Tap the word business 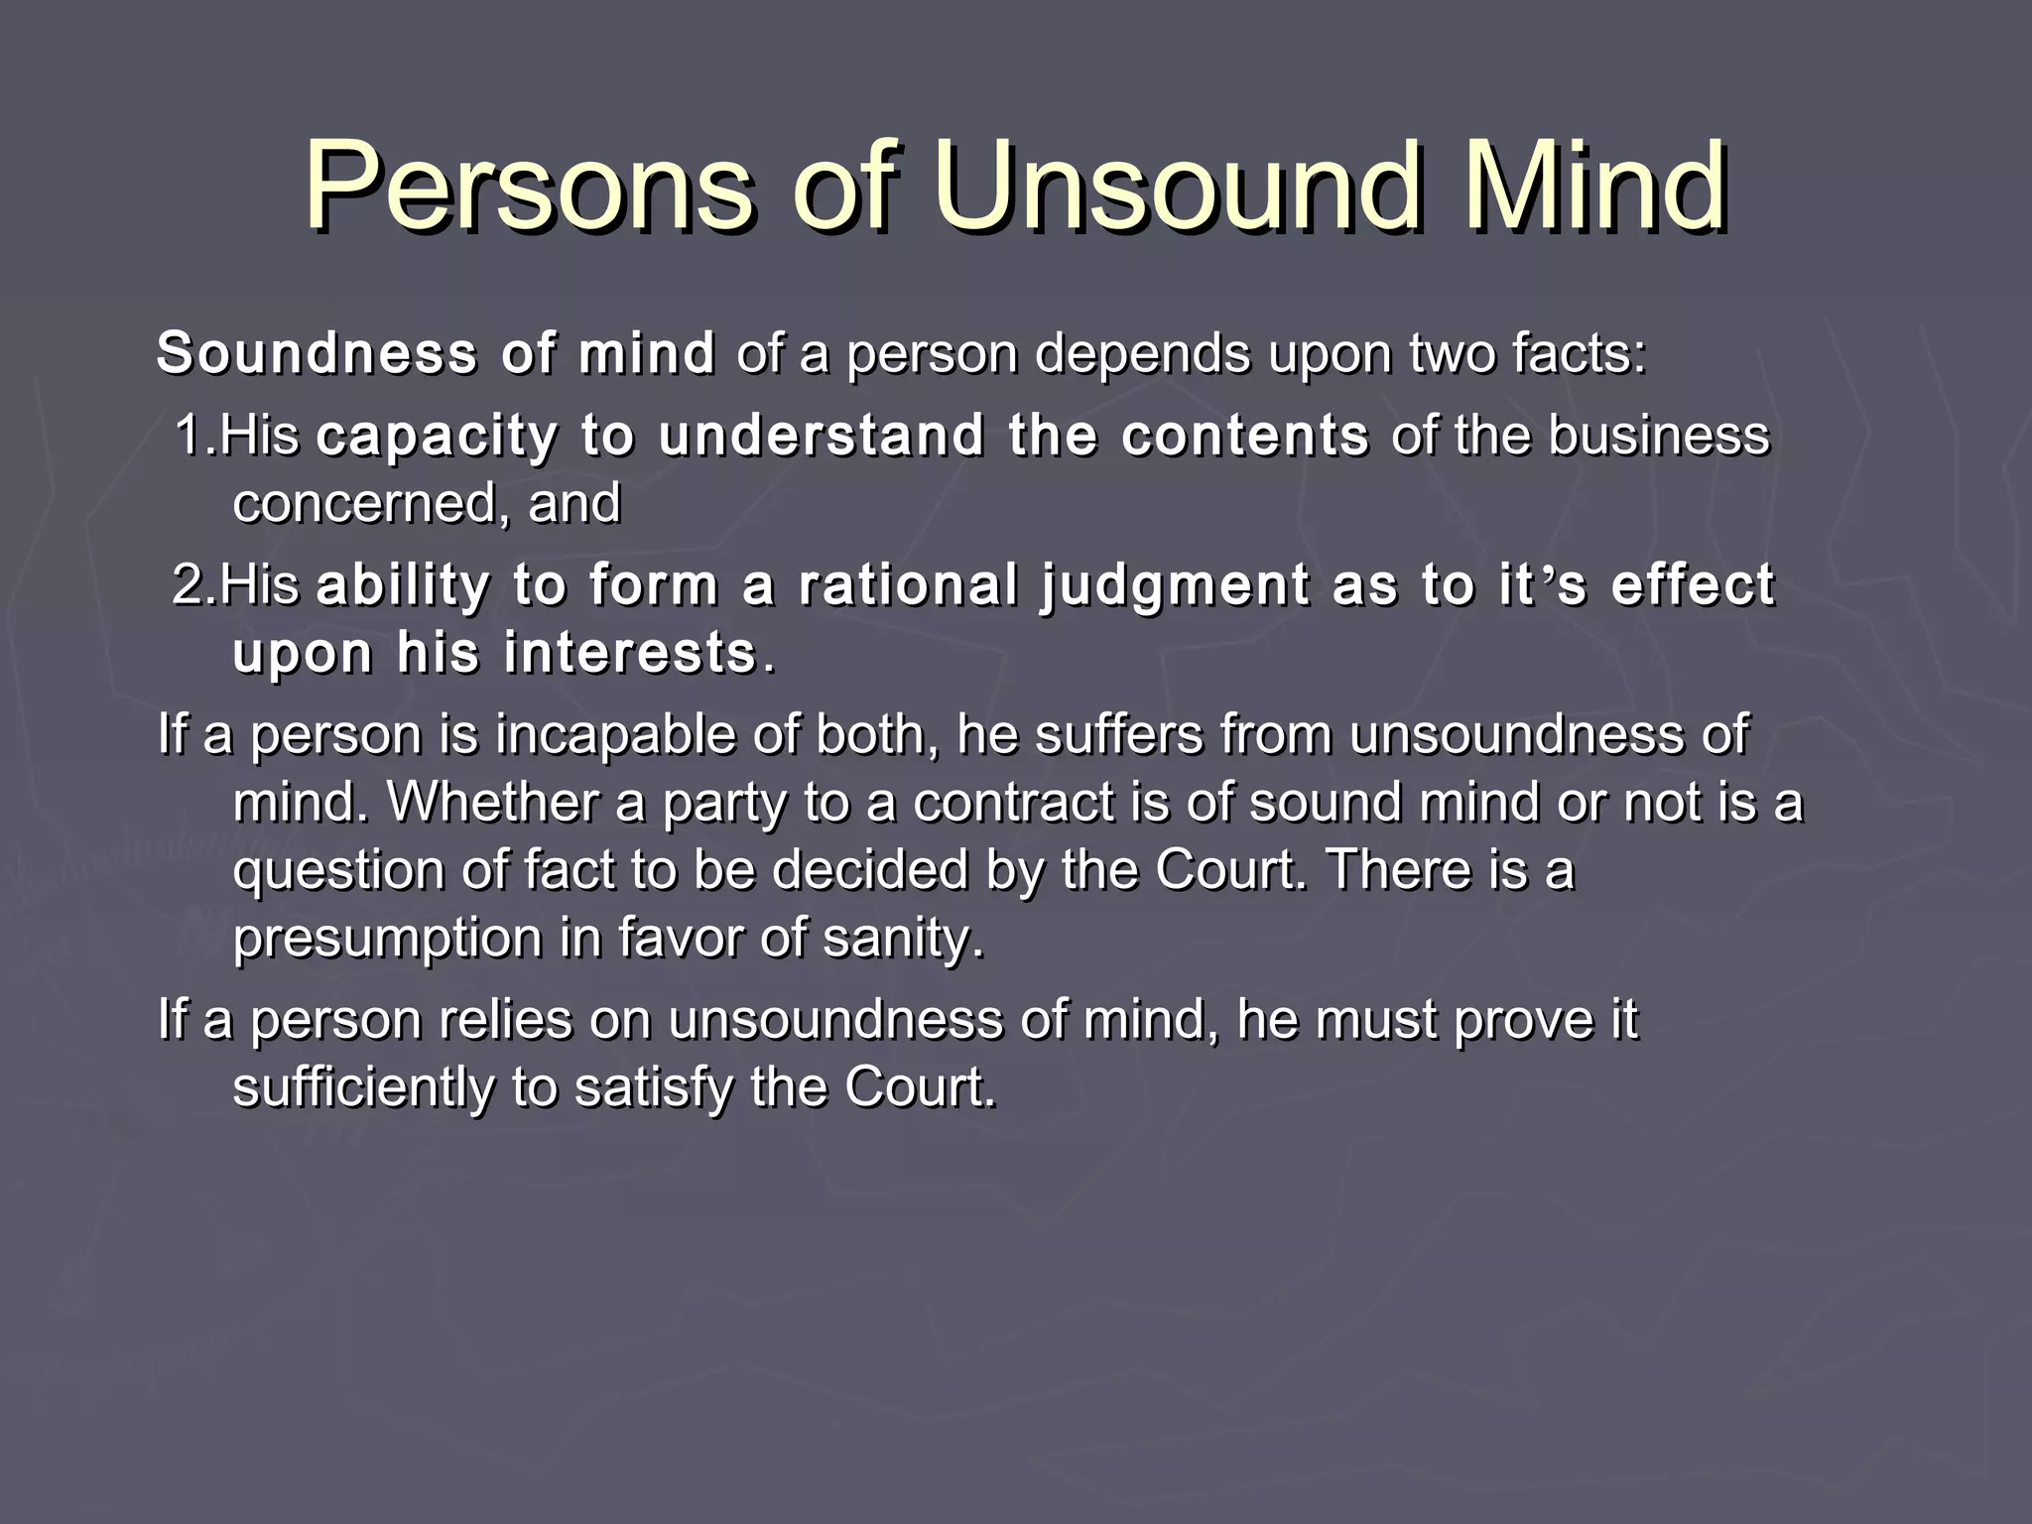1659,436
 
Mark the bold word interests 630,654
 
